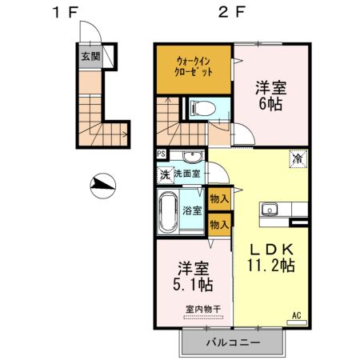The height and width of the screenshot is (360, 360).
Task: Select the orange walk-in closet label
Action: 193,64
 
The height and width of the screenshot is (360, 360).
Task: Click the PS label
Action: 162,155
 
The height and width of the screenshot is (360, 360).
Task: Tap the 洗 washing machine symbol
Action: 164,174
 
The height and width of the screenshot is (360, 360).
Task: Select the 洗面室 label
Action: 188,174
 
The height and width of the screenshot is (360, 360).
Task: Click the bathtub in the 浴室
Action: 169,211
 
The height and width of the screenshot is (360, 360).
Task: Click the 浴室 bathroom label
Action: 191,211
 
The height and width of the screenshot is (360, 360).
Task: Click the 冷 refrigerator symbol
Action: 297,158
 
